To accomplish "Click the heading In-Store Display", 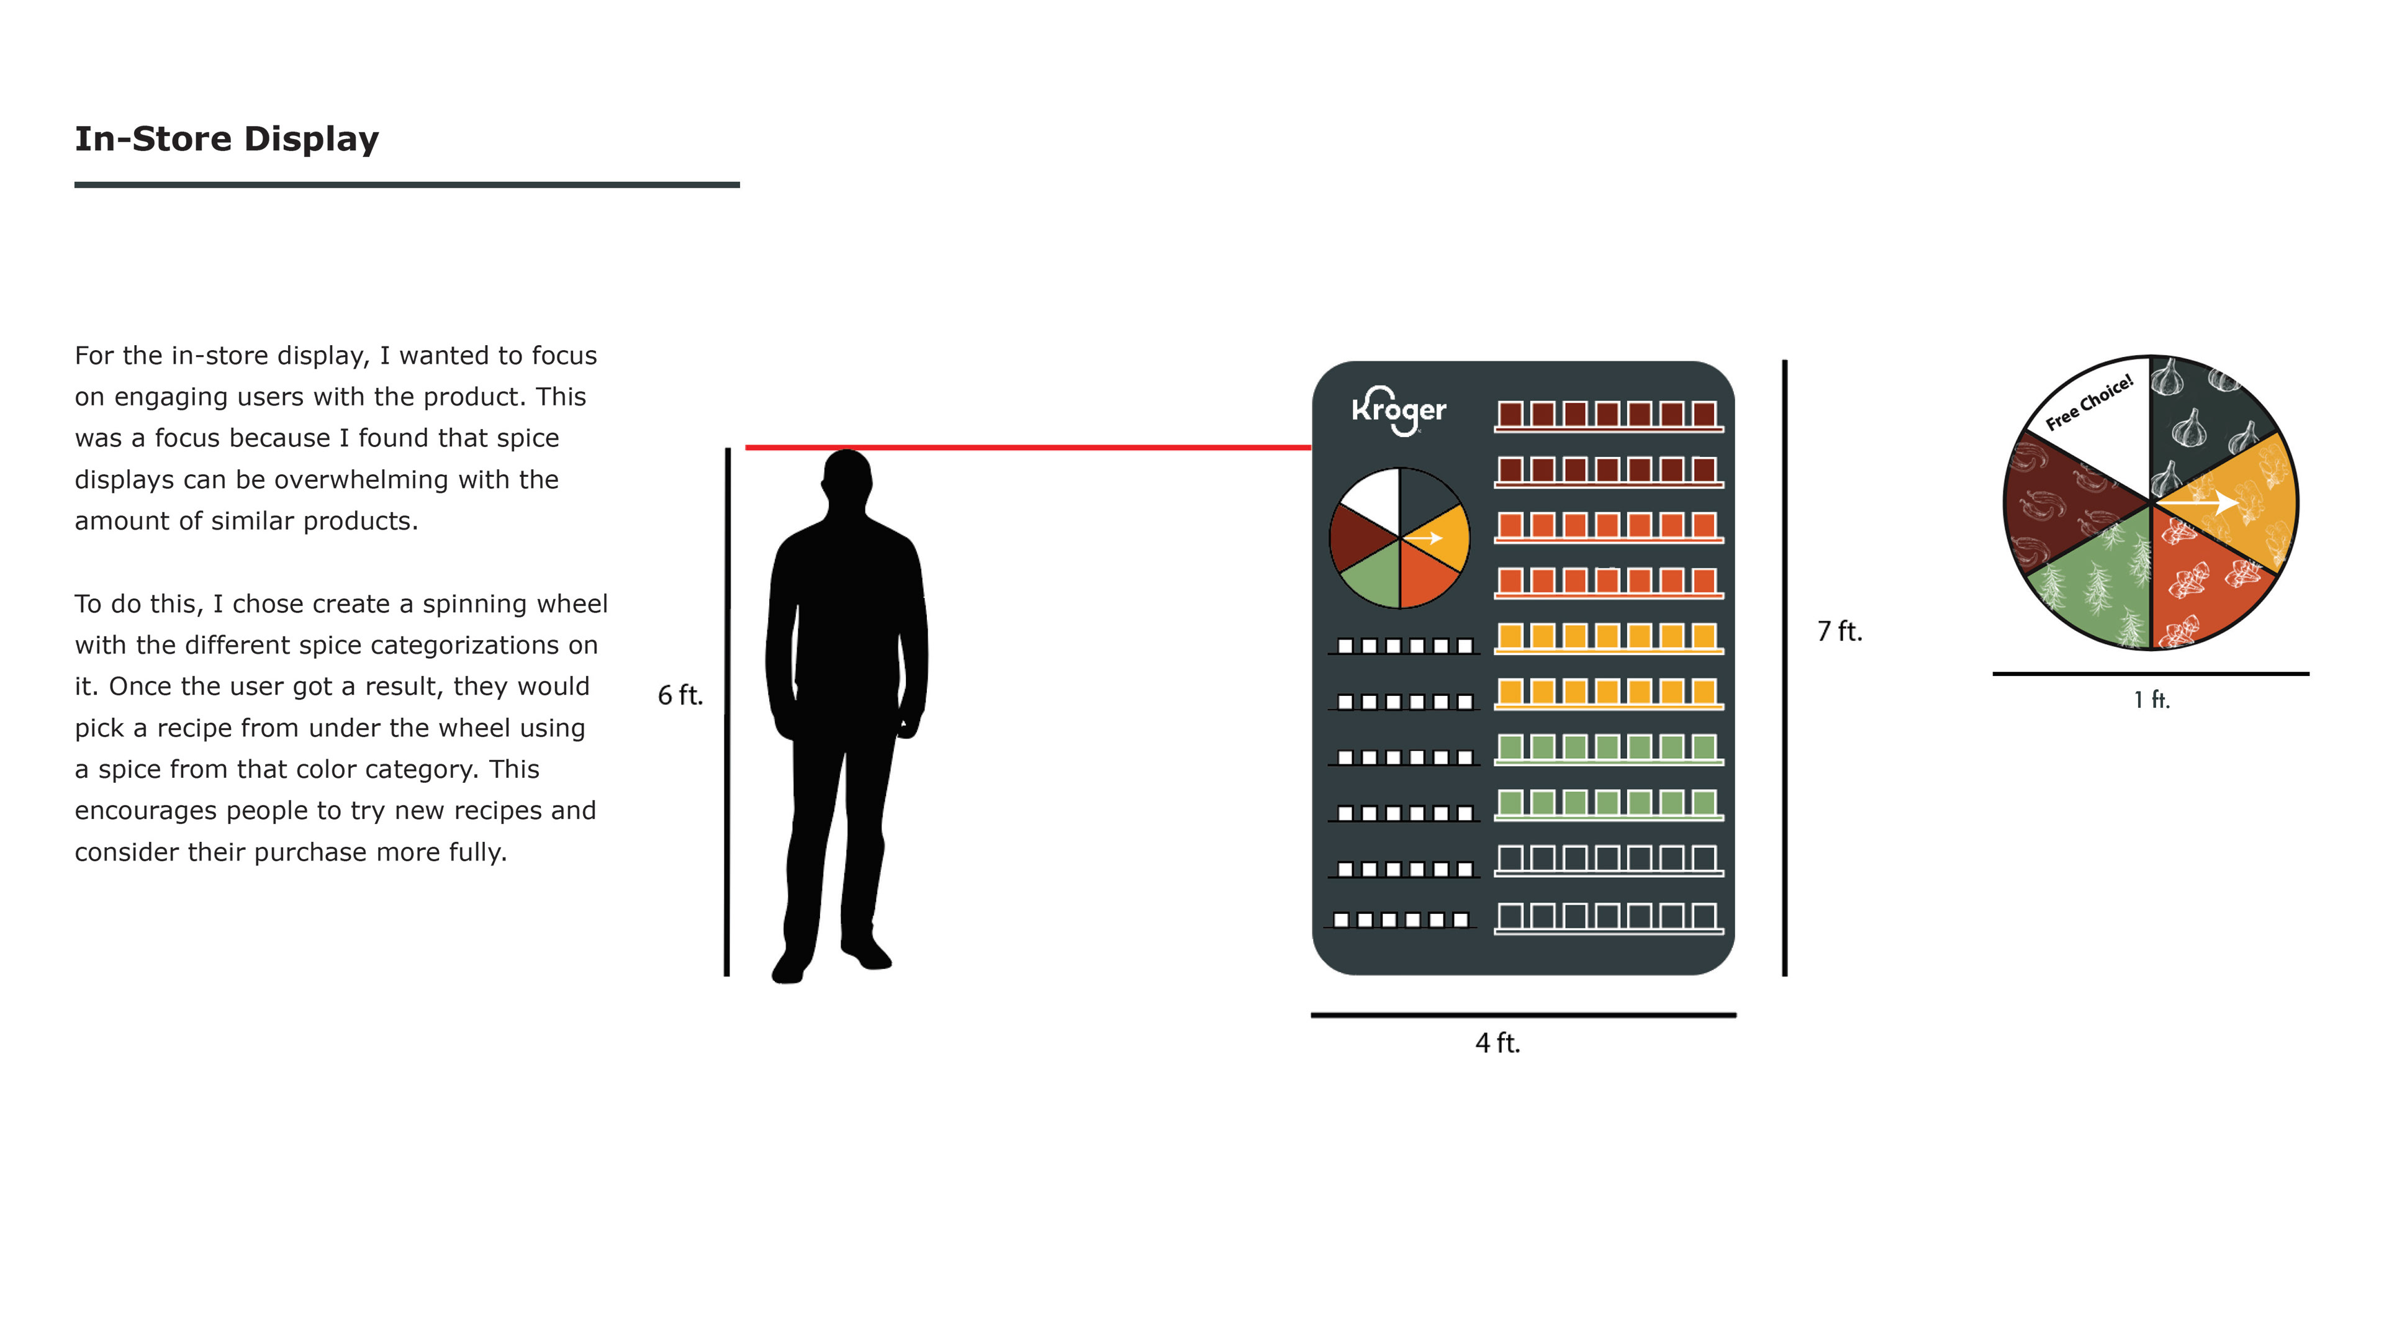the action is [x=227, y=139].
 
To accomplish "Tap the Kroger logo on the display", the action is [x=1398, y=410].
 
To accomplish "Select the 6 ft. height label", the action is [x=680, y=695].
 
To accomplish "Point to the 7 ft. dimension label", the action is [x=1839, y=631].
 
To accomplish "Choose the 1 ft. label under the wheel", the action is [x=2152, y=700].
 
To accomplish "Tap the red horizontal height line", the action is [x=1027, y=448].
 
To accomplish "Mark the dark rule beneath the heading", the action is [x=407, y=185].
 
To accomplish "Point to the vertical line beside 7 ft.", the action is [x=1784, y=666].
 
